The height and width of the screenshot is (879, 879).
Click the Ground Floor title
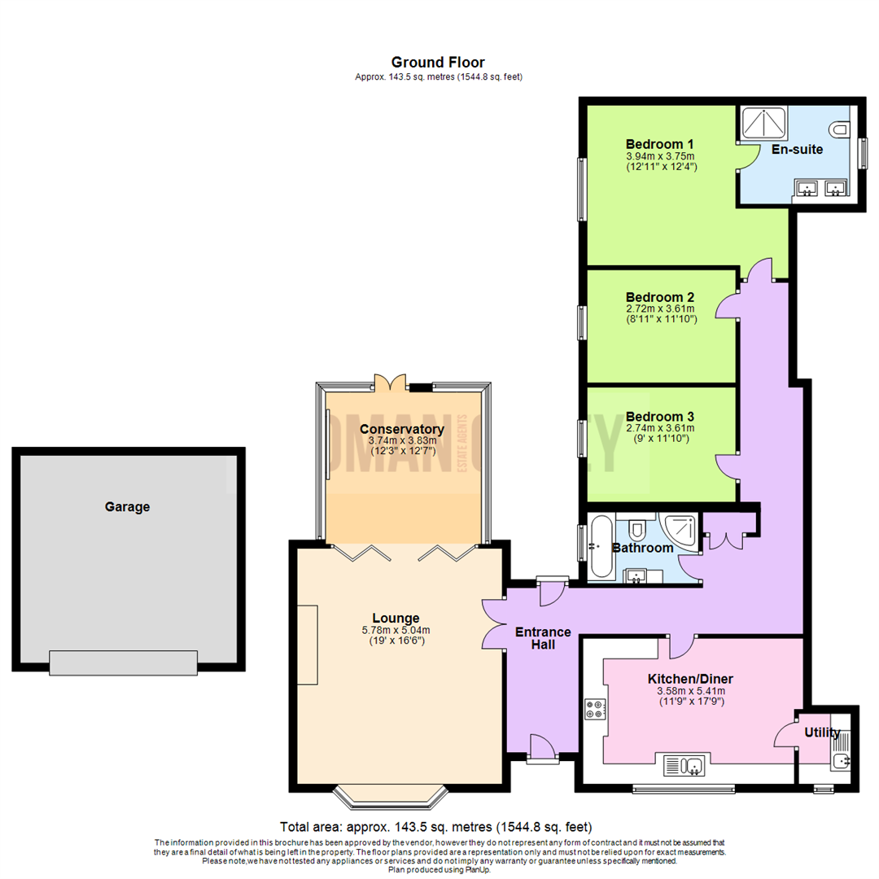pos(438,62)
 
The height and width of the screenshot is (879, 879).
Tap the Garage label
pos(128,506)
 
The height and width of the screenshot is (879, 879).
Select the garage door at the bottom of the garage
pos(123,663)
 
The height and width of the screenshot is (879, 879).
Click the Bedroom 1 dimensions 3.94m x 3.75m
pos(661,156)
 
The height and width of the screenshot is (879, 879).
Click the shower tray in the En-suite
pos(763,123)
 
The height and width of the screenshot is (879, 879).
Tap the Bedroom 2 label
pos(660,296)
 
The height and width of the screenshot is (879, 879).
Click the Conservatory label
pos(401,429)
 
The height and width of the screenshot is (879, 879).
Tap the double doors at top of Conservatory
pos(391,381)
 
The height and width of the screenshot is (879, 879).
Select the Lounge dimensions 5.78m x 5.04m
pos(396,629)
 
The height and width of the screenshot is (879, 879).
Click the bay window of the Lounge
pos(391,796)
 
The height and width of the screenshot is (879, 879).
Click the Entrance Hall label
pos(543,638)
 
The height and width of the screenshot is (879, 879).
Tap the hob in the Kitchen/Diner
pos(593,709)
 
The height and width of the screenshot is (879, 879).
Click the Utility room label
pos(822,732)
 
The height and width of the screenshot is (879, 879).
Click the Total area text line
pos(435,826)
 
